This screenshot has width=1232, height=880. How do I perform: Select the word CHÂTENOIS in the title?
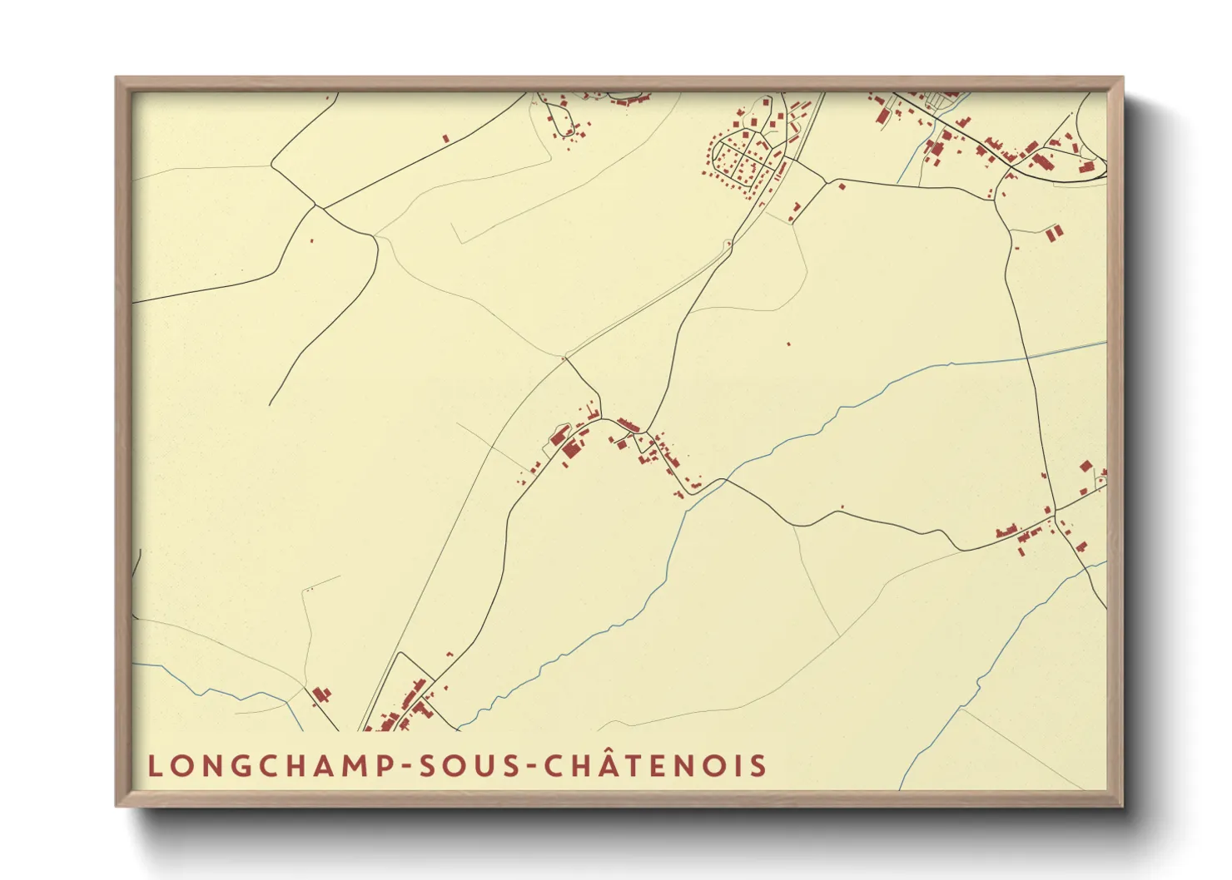point(655,765)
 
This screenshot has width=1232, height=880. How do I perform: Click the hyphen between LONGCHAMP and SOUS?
point(407,766)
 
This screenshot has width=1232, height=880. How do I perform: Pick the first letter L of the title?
point(154,765)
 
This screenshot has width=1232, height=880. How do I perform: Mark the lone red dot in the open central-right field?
point(788,344)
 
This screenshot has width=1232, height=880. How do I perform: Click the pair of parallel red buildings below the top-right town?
point(1054,233)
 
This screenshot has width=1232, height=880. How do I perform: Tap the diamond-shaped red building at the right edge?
point(1085,467)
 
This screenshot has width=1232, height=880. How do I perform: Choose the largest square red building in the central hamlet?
point(571,450)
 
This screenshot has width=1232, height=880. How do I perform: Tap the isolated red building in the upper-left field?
point(445,139)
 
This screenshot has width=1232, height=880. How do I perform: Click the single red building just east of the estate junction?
point(842,185)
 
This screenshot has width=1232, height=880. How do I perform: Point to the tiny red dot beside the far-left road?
point(311,241)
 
